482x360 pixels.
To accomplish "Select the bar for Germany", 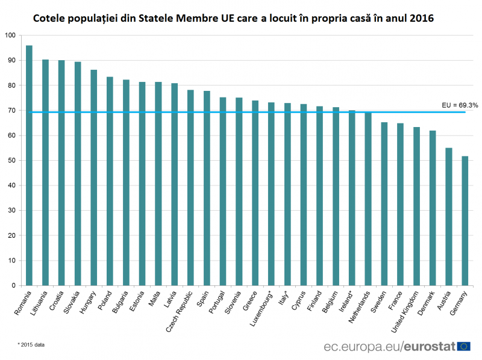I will coord(465,220).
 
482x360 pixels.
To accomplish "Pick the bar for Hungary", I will coord(94,177).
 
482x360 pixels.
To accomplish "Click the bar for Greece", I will coord(255,193).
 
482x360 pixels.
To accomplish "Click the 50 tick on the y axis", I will coord(12,160).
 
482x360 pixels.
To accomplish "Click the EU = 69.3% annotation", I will coord(460,105).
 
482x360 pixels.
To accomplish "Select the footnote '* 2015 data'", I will coord(31,345).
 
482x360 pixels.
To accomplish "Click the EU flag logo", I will coord(464,346).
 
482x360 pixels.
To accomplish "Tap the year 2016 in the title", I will coord(421,19).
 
